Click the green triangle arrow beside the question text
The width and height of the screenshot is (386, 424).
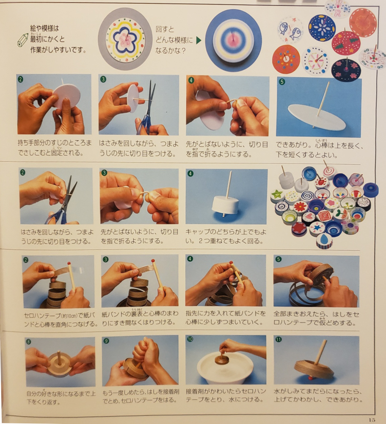pos(199,40)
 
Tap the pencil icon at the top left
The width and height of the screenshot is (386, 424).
pos(23,40)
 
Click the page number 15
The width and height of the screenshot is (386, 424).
pos(372,420)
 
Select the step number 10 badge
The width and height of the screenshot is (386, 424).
pos(190,339)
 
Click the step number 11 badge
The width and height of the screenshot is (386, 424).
pos(278,340)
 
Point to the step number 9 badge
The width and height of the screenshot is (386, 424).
pos(106,341)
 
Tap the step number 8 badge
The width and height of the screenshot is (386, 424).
pos(28,342)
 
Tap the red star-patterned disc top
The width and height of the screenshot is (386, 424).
pos(346,43)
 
